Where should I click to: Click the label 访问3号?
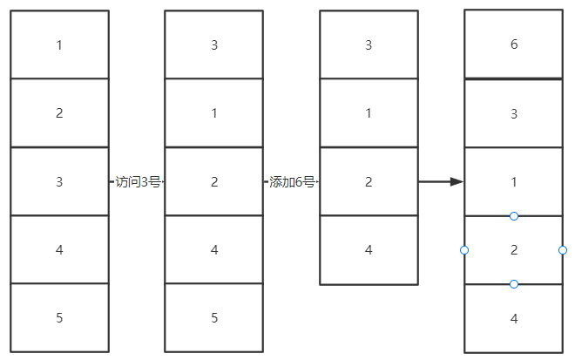[x=138, y=182]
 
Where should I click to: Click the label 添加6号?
[x=292, y=182]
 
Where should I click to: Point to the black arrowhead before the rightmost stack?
[x=457, y=181]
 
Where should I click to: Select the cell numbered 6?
[x=514, y=44]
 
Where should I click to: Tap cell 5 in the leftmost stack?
[x=59, y=317]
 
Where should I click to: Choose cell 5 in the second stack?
[x=214, y=317]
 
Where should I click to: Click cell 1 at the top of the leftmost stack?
[x=59, y=44]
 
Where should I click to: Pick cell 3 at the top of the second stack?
[x=214, y=44]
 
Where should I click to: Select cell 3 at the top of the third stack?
[x=369, y=44]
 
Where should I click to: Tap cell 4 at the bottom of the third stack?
[x=369, y=250]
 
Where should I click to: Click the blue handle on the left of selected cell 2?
[x=464, y=250]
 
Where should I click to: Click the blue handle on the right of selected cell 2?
[x=563, y=250]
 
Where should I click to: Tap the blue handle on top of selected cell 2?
[x=514, y=216]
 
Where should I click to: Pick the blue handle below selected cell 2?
[x=514, y=284]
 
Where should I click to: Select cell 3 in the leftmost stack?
[x=59, y=181]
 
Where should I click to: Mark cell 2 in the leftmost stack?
[x=59, y=113]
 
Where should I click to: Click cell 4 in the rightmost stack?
[x=514, y=318]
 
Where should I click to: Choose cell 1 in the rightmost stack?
[x=514, y=181]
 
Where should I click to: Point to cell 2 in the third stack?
[x=369, y=181]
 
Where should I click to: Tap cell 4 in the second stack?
[x=214, y=249]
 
